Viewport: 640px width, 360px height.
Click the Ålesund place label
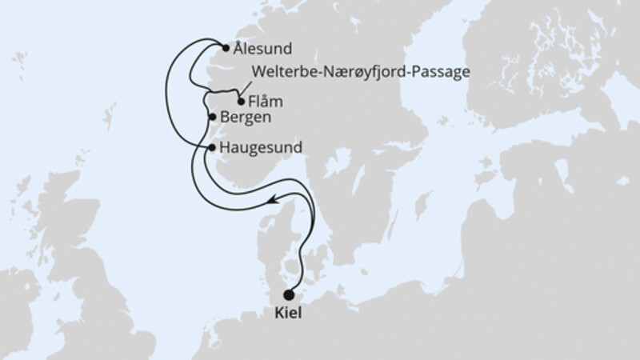[x=263, y=48]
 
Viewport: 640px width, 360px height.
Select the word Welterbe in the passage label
[x=280, y=71]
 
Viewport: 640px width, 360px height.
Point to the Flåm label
[x=266, y=102]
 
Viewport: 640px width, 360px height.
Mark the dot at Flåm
[x=241, y=102]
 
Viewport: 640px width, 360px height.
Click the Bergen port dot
[x=212, y=118]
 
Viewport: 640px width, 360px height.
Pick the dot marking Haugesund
[x=210, y=148]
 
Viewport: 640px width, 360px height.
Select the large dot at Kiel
[x=289, y=294]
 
